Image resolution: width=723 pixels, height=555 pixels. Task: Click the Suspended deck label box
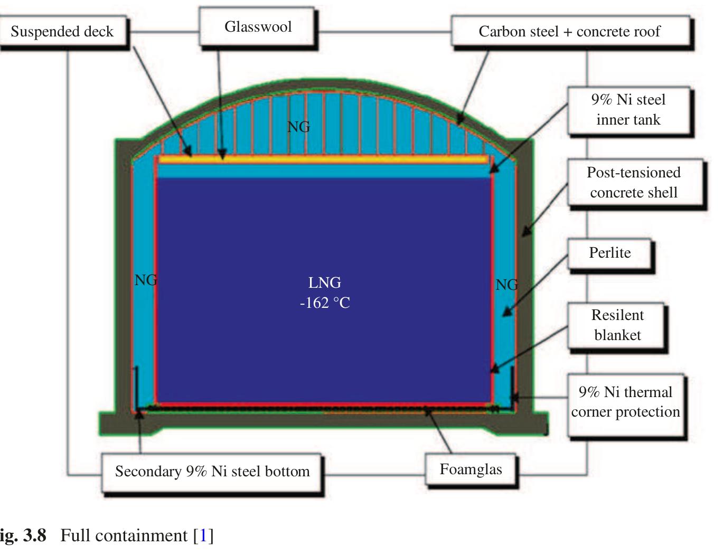62,32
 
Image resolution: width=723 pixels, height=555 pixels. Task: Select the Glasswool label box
258,27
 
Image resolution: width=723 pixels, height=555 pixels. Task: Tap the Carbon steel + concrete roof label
569,32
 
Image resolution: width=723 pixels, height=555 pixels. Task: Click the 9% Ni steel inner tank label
628,109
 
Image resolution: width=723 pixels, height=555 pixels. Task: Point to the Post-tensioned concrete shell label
633,182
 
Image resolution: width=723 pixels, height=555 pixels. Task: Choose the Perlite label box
609,253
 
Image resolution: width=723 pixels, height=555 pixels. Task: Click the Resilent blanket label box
617,325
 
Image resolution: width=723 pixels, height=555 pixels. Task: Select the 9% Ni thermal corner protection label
625,402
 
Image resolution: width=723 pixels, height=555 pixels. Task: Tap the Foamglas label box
471,469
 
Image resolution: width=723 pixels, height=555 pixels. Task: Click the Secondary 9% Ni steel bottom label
212,471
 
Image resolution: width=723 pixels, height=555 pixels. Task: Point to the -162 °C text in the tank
325,303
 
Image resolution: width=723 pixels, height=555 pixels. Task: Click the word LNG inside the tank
325,283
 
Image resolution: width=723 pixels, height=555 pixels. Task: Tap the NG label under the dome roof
298,127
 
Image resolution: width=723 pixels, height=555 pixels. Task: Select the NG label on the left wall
145,280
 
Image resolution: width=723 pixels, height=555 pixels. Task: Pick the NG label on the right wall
506,285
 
